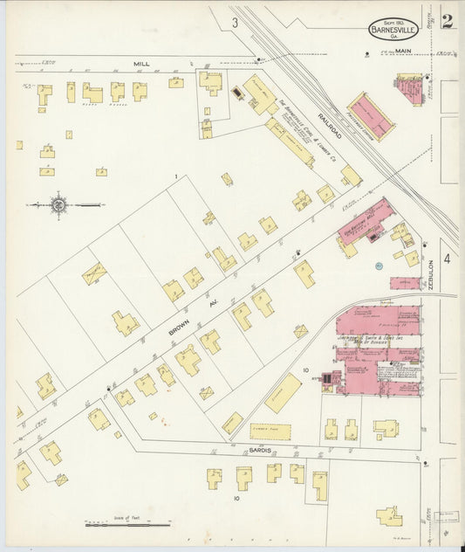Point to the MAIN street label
click(402, 52)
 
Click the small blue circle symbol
click(379, 265)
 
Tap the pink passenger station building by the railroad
click(372, 115)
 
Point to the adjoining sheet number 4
click(446, 258)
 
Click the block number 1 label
click(175, 178)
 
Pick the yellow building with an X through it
click(93, 274)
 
